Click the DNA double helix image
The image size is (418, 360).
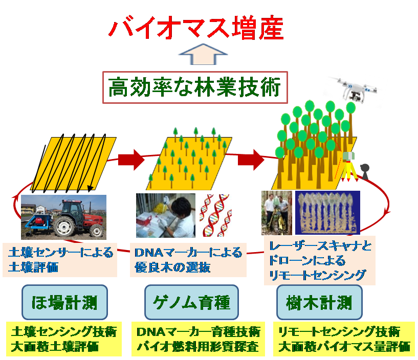(x=215, y=215)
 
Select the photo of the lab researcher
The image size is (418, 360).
(x=165, y=215)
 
